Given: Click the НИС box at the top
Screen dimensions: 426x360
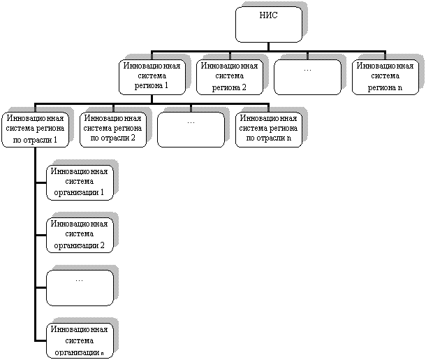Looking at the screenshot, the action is pos(269,24).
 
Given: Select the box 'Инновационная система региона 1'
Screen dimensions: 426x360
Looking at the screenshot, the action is pos(152,77).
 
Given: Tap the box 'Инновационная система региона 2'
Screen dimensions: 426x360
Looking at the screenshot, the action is pos(230,77).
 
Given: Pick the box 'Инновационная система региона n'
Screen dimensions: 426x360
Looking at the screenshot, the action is pos(385,77).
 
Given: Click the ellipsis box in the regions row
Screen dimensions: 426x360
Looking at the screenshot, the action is pos(307,77).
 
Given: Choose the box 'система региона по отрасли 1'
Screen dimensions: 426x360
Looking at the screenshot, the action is pos(36,130).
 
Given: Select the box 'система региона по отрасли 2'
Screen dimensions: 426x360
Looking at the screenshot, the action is pos(113,130).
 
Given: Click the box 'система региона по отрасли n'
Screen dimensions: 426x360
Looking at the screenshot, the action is pos(269,130).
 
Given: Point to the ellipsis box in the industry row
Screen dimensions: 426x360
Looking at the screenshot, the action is pos(191,130).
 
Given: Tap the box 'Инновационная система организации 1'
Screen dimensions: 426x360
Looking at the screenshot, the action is pos(80,182).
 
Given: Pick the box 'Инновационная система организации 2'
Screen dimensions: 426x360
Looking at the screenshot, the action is pos(80,236).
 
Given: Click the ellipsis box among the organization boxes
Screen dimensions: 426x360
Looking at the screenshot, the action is pos(80,288).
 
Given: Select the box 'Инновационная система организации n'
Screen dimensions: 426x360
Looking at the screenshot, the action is pos(80,340).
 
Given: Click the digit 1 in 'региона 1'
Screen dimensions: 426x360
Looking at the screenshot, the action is pos(166,85).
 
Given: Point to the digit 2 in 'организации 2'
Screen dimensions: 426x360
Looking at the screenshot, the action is pos(102,245).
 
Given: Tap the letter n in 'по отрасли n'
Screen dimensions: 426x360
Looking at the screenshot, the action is pos(289,138).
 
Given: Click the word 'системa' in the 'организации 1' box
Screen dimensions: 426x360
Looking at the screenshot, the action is pos(80,181).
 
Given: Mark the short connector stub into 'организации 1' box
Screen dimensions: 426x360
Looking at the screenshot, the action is pos(41,183).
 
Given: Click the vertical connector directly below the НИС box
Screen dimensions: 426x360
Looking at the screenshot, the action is pos(269,47).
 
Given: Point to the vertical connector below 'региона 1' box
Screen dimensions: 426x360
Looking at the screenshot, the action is pos(152,99).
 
